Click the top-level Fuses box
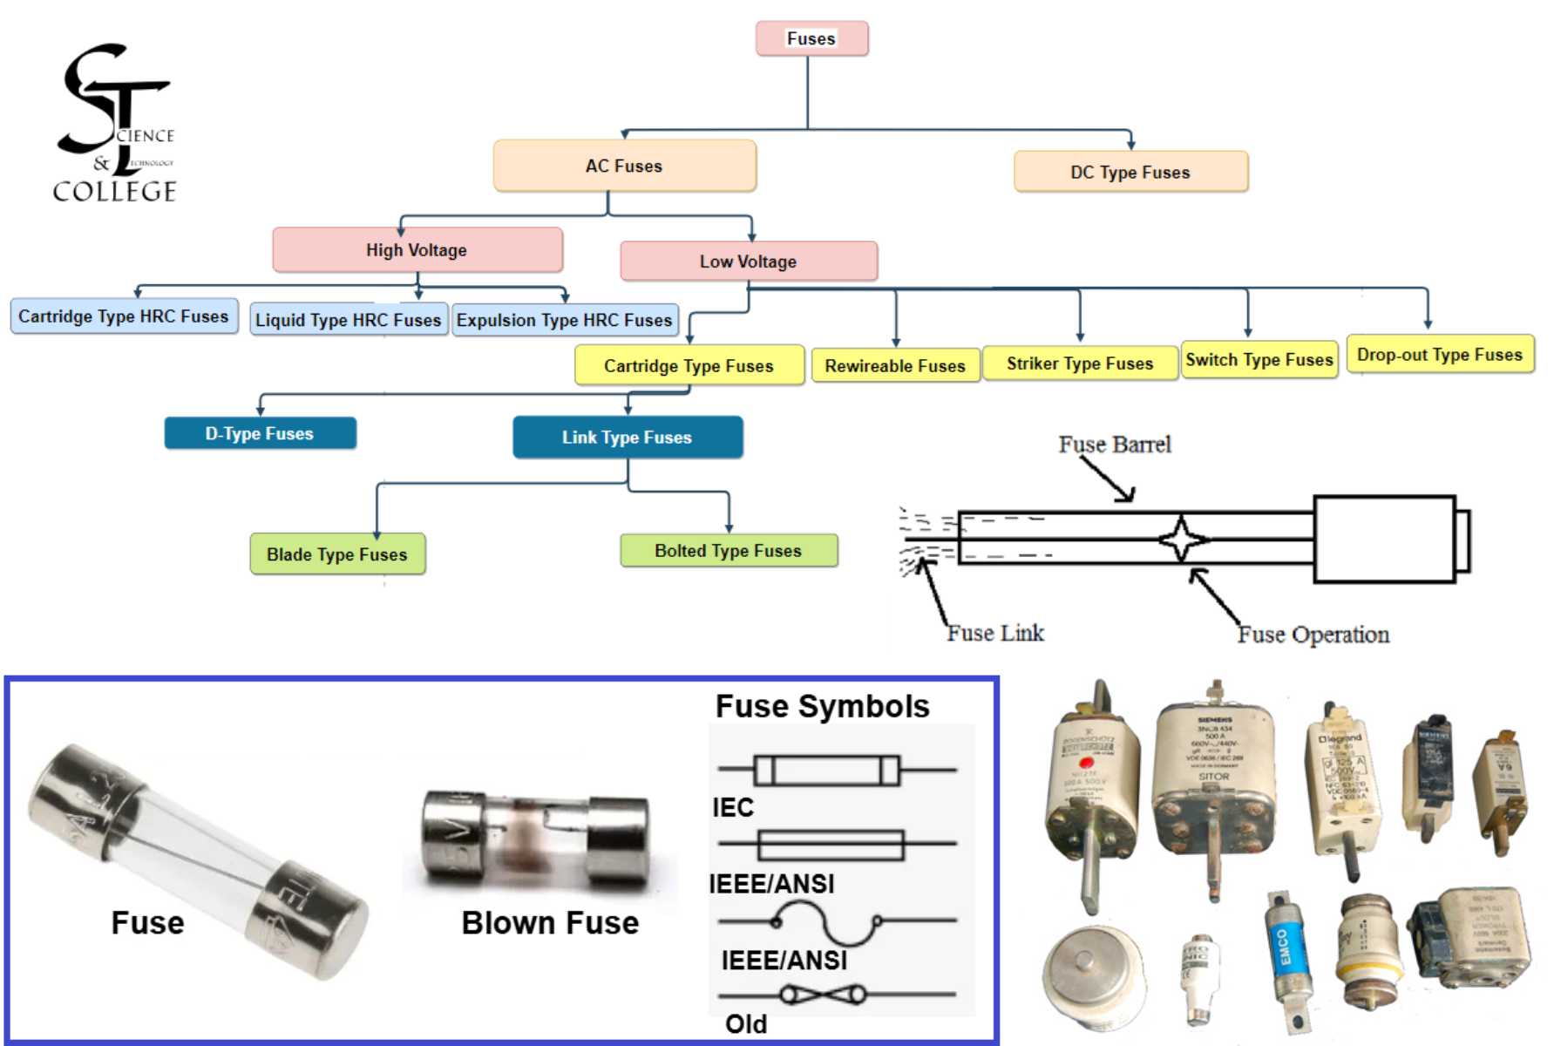click(x=811, y=39)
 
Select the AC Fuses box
click(x=624, y=166)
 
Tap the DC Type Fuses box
click(x=1130, y=172)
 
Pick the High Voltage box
click(x=417, y=250)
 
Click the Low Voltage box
click(x=748, y=261)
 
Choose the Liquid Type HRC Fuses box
click(x=349, y=320)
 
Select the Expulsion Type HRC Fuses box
click(x=565, y=320)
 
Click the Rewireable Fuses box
click(x=895, y=366)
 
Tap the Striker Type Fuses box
click(x=1080, y=363)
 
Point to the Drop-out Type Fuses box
click(x=1440, y=355)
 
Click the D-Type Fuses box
click(x=260, y=433)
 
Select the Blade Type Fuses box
click(x=337, y=554)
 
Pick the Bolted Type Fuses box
click(x=729, y=551)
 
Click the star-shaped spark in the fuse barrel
click(x=1181, y=540)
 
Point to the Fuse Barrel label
click(x=1115, y=445)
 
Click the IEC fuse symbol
click(x=826, y=771)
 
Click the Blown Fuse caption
click(x=550, y=922)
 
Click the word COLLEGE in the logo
click(x=114, y=192)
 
